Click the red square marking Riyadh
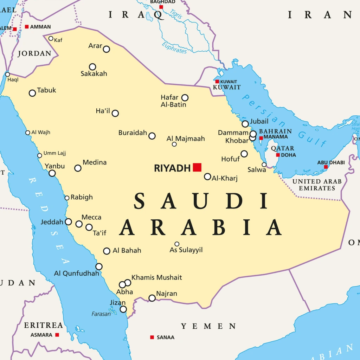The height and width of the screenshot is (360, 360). pyautogui.click(x=197, y=167)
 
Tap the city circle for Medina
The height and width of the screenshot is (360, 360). pyautogui.click(x=78, y=168)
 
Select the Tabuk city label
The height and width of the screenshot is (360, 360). pyautogui.click(x=46, y=90)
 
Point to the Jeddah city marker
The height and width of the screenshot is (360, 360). pyautogui.click(x=69, y=222)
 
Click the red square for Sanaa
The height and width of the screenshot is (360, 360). pyautogui.click(x=152, y=337)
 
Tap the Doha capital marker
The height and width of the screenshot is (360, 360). pyautogui.click(x=278, y=155)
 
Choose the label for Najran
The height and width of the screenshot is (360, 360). pyautogui.click(x=167, y=294)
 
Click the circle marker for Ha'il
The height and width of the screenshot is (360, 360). pyautogui.click(x=115, y=113)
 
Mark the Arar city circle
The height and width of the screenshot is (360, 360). pyautogui.click(x=106, y=49)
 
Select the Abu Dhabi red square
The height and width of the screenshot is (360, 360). pyautogui.click(x=326, y=167)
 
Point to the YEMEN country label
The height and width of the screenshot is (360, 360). pyautogui.click(x=208, y=326)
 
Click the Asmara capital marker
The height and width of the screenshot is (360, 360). pyautogui.click(x=57, y=335)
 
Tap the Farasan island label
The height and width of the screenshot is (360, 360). pyautogui.click(x=101, y=314)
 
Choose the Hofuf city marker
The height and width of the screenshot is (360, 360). pyautogui.click(x=244, y=154)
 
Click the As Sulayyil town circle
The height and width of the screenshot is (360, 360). pyautogui.click(x=177, y=244)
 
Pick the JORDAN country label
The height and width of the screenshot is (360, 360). pyautogui.click(x=34, y=54)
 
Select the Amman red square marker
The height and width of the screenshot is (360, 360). pyautogui.click(x=27, y=27)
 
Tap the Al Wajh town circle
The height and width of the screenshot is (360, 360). pyautogui.click(x=28, y=133)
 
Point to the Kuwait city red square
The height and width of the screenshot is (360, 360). pyautogui.click(x=217, y=82)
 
